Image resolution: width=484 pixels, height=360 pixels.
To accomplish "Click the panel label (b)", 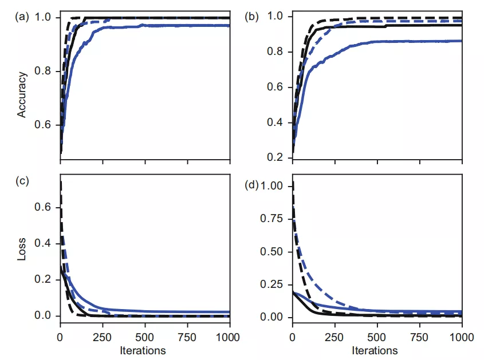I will [251, 17].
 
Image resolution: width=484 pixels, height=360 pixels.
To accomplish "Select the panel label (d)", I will [251, 185].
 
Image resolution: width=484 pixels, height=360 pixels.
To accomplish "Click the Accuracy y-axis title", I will [22, 94].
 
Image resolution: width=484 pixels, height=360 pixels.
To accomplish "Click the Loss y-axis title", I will [22, 253].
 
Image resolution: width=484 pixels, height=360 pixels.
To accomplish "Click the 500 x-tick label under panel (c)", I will [145, 335].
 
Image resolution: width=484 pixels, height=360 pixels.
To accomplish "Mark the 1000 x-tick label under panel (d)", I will [462, 335].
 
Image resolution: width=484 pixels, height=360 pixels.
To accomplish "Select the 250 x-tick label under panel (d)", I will [335, 335].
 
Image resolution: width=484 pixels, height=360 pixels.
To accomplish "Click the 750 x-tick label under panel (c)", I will [187, 335].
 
